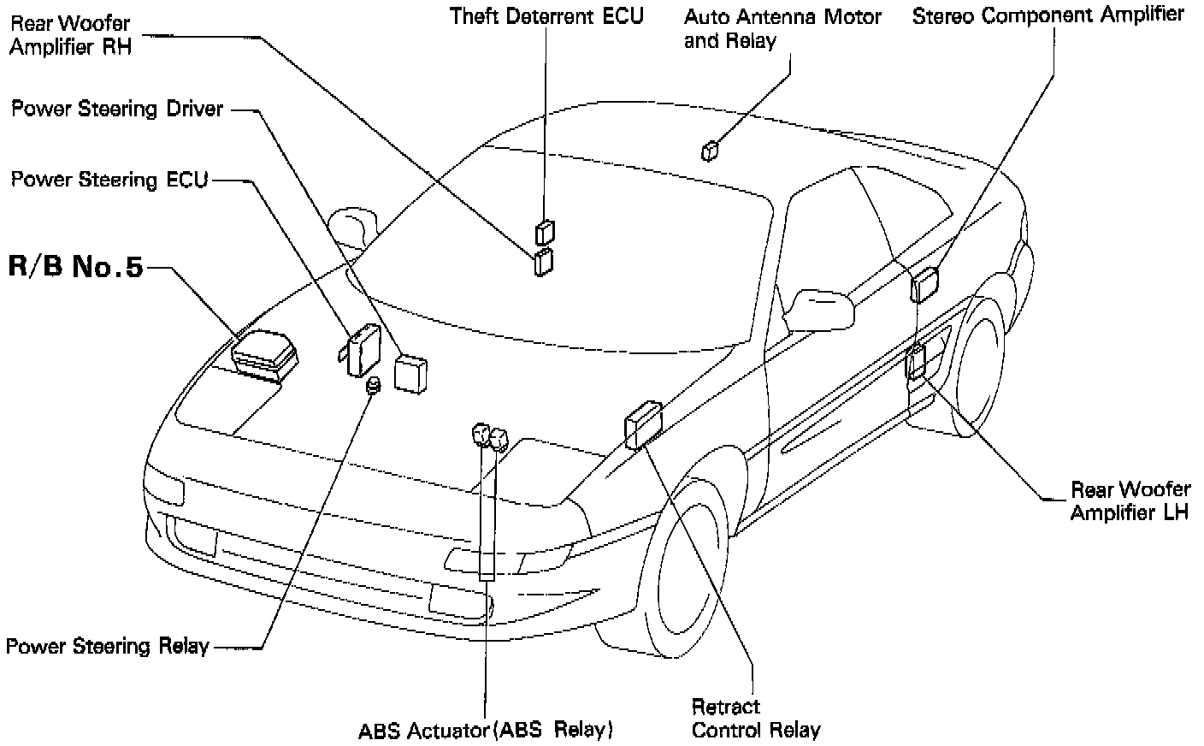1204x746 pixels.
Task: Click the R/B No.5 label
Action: pyautogui.click(x=76, y=266)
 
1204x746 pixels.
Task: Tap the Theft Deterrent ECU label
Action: pyautogui.click(x=547, y=15)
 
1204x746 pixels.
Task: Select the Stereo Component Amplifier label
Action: pyautogui.click(x=1048, y=15)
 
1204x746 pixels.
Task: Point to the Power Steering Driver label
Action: pyautogui.click(x=117, y=109)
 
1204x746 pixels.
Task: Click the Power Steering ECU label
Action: pyautogui.click(x=109, y=180)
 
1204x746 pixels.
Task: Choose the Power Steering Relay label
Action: pyautogui.click(x=107, y=646)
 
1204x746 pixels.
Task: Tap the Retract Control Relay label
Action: pyautogui.click(x=755, y=719)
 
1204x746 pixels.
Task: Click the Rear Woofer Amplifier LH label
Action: pyautogui.click(x=1130, y=500)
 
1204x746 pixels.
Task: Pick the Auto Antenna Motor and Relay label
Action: pyautogui.click(x=782, y=28)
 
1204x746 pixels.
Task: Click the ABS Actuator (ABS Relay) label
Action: pyautogui.click(x=486, y=731)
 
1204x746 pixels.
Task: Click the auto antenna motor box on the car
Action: pyautogui.click(x=710, y=151)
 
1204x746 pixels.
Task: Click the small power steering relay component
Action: pyautogui.click(x=373, y=387)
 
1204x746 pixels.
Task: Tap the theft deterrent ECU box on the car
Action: pyautogui.click(x=545, y=231)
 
